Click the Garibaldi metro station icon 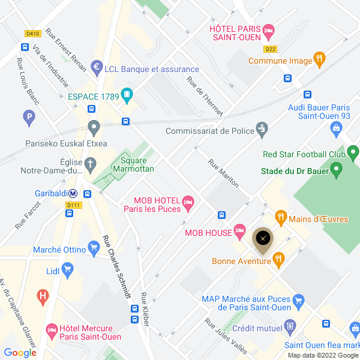tap(73, 194)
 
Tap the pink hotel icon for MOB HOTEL tap(188, 204)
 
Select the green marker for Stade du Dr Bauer tap(336, 172)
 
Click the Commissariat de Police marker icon tap(261, 128)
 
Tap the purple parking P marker tap(28, 118)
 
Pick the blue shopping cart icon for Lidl tap(67, 271)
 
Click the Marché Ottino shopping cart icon tap(93, 247)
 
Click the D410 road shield tap(32, 34)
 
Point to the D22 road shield tap(271, 50)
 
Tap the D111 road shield tap(73, 205)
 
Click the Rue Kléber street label tap(145, 309)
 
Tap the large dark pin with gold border tap(262, 239)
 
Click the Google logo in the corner tap(20, 353)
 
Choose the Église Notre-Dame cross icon tap(91, 164)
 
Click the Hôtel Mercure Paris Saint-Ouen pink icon tap(52, 330)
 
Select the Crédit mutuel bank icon tap(290, 328)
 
